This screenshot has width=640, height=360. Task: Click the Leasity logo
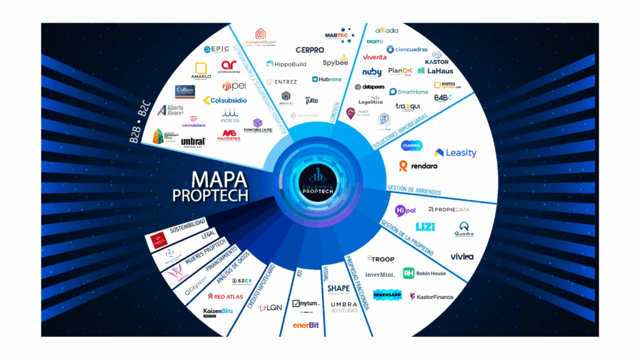[456, 152]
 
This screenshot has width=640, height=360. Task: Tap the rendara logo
[418, 166]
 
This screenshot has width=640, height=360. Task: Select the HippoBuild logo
[287, 64]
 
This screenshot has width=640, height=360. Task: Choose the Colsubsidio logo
[224, 99]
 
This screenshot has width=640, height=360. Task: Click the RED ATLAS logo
[227, 296]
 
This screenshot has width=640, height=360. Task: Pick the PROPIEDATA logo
[449, 209]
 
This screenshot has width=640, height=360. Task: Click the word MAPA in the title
[210, 180]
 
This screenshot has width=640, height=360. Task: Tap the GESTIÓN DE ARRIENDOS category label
[414, 188]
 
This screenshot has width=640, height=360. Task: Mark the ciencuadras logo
[407, 49]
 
